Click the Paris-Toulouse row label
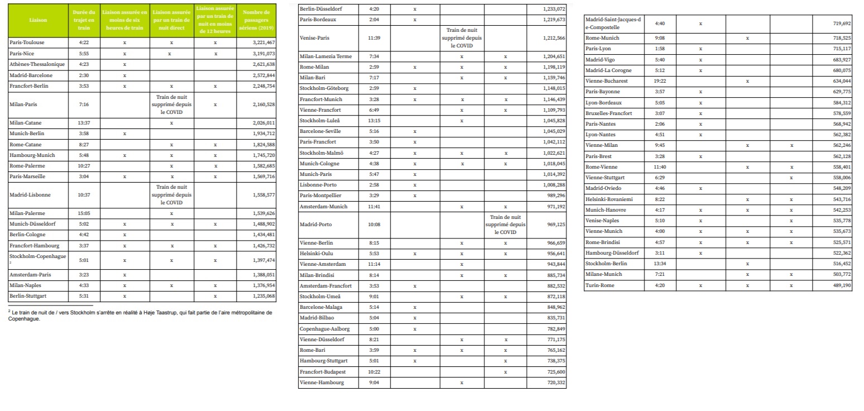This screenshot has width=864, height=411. pyautogui.click(x=27, y=42)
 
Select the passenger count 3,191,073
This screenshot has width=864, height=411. pyautogui.click(x=263, y=54)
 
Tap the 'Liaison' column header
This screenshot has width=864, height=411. pyautogui.click(x=38, y=20)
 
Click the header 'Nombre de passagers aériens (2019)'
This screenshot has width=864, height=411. pyautogui.click(x=256, y=20)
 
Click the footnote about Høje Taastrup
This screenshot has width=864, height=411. pyautogui.click(x=140, y=316)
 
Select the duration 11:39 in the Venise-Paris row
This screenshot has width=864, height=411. pyautogui.click(x=374, y=38)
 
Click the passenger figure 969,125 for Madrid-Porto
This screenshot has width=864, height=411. pyautogui.click(x=554, y=224)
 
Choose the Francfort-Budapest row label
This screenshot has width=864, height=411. pyautogui.click(x=323, y=372)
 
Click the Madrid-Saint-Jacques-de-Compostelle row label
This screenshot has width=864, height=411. pyautogui.click(x=613, y=23)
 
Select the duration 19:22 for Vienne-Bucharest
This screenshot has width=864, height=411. pyautogui.click(x=660, y=81)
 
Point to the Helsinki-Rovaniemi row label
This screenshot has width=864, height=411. pyautogui.click(x=609, y=199)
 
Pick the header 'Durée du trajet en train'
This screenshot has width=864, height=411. pyautogui.click(x=84, y=20)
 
